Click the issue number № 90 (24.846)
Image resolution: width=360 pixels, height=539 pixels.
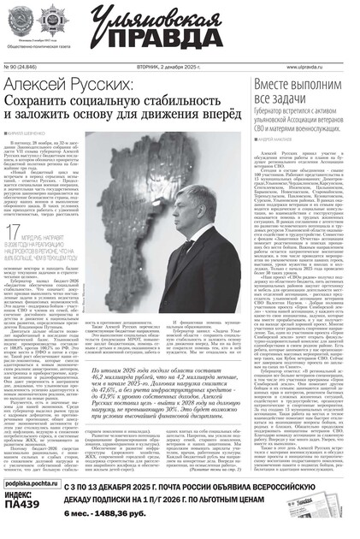[x=26, y=65]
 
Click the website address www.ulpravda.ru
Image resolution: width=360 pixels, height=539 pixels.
[x=316, y=65]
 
